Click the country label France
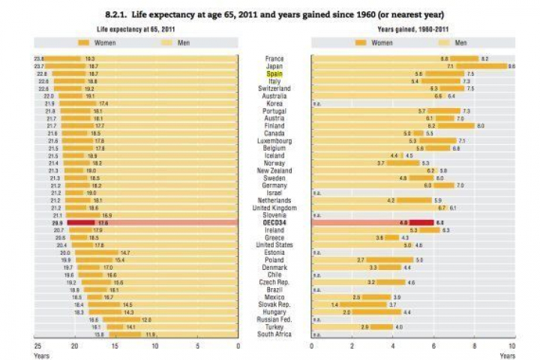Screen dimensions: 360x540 point(274,58)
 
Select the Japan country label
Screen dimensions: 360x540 point(274,66)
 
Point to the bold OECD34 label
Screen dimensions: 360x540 point(274,223)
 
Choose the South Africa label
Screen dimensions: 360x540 point(274,334)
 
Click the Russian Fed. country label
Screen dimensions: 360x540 point(274,319)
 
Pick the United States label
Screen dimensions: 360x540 point(274,245)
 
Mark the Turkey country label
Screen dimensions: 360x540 point(274,326)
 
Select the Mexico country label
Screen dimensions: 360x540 point(274,297)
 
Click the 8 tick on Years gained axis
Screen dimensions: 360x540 point(473,346)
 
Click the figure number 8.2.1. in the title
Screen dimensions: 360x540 point(121,14)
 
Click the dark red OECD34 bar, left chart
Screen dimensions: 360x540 point(81,223)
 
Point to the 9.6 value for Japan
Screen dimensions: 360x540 point(511,66)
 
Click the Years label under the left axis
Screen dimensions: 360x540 point(42,355)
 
